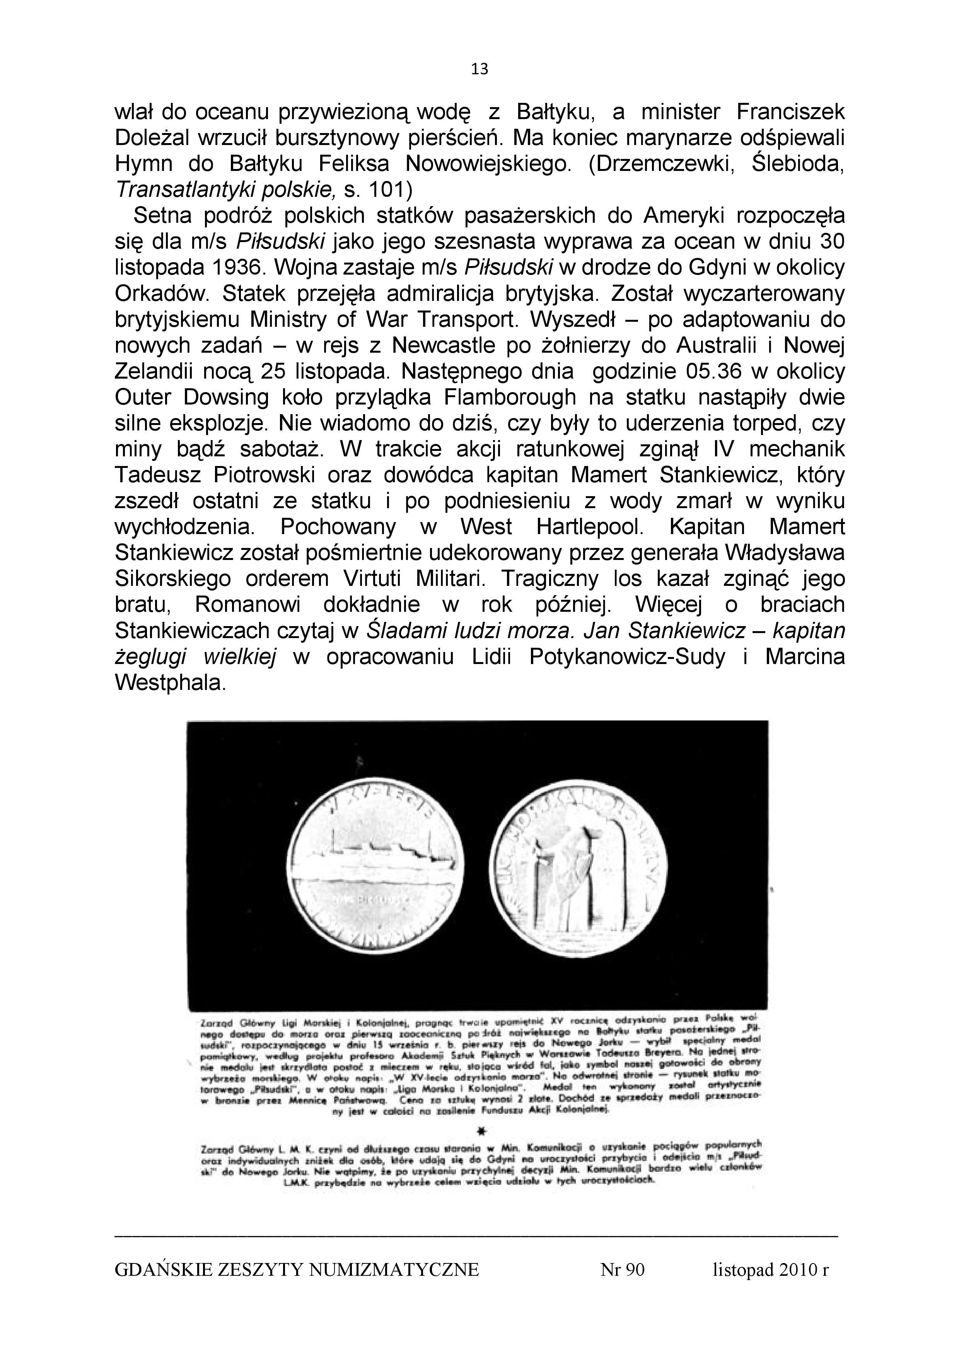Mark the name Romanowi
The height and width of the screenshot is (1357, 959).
tap(247, 605)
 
